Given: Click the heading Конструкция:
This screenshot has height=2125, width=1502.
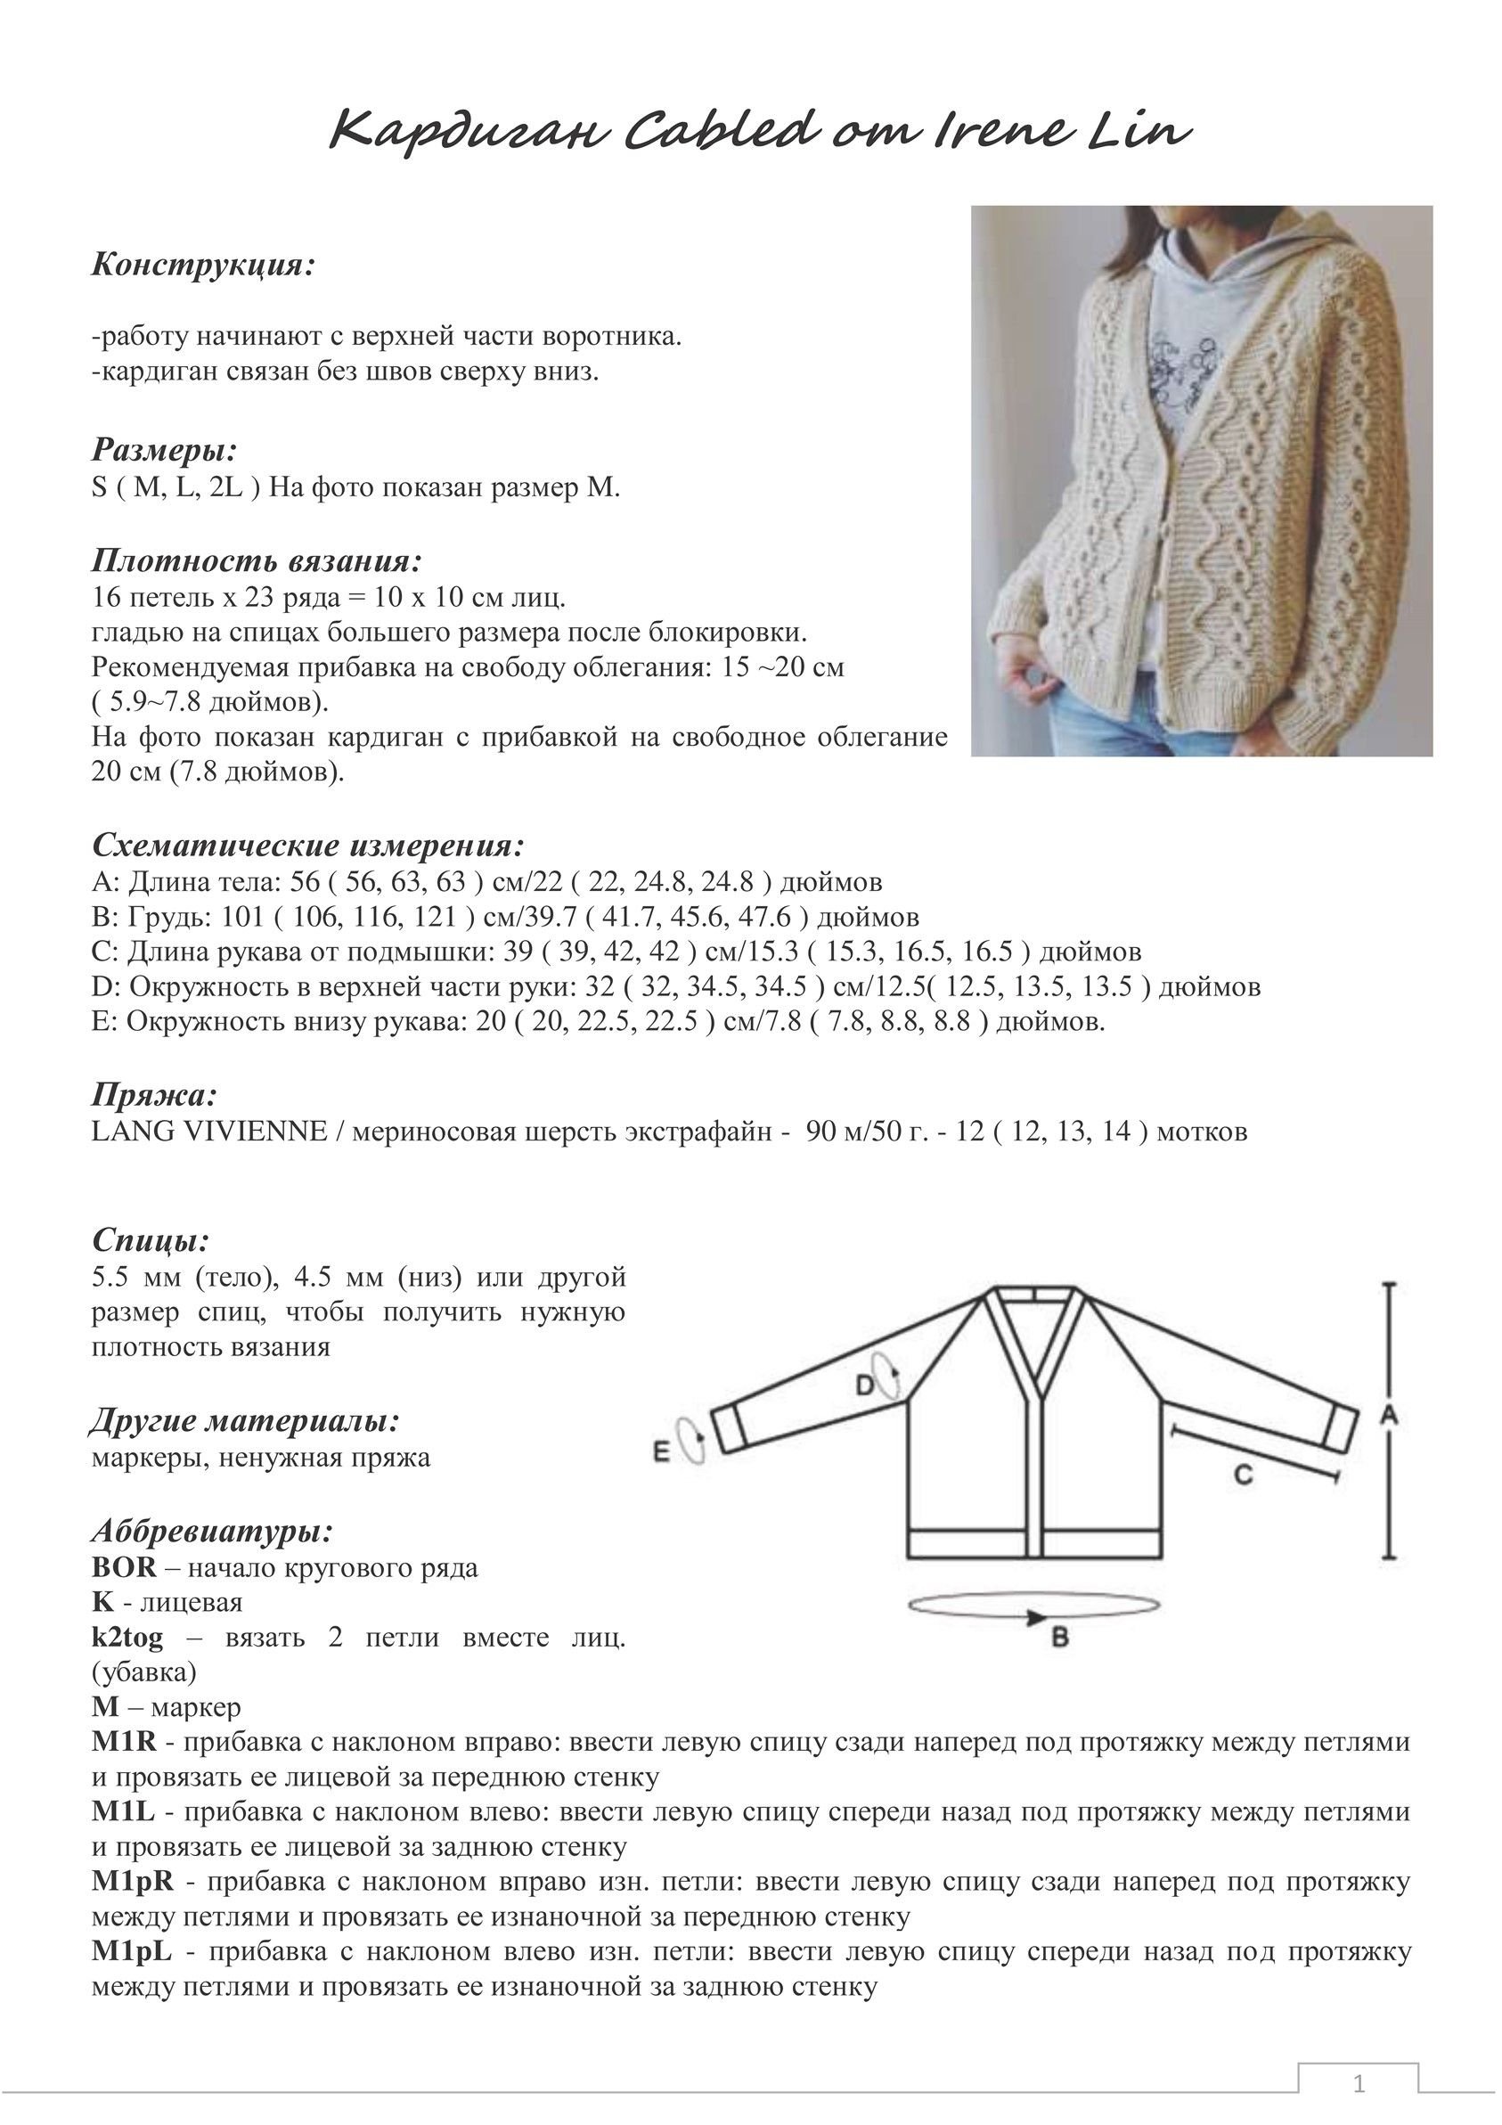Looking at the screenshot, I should [203, 266].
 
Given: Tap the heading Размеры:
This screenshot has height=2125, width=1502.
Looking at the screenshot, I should [165, 450].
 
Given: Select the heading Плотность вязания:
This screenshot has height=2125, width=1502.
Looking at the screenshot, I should [257, 560].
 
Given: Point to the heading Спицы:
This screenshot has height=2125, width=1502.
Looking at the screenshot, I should [150, 1240].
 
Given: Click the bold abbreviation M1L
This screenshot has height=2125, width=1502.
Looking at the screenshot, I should [123, 1811].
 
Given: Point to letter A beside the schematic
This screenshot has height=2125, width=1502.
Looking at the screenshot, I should [1388, 1415].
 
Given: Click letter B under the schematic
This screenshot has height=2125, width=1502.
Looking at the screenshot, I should [1060, 1637].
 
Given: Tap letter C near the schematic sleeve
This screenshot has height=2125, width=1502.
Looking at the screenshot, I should [1243, 1475].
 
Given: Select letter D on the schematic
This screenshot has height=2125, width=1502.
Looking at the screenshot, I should [864, 1385].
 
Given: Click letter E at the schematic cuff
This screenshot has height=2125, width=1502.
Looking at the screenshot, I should [661, 1452].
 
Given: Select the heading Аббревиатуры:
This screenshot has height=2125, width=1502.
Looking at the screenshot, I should [212, 1532].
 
